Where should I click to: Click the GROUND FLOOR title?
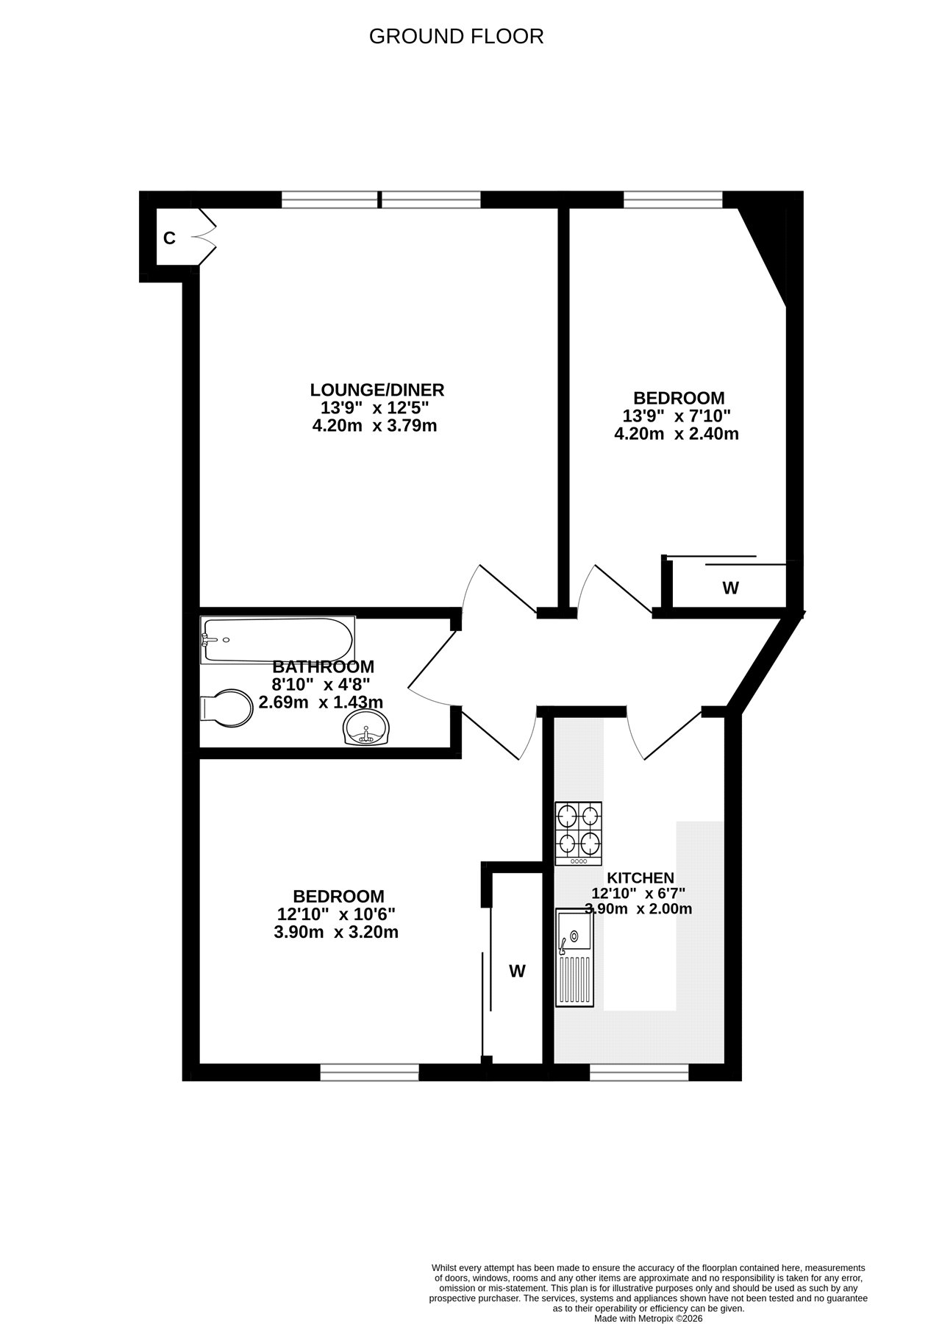pyautogui.click(x=456, y=36)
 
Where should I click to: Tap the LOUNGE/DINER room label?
pyautogui.click(x=377, y=390)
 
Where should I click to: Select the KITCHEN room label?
pyautogui.click(x=641, y=878)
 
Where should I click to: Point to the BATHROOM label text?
pyautogui.click(x=323, y=667)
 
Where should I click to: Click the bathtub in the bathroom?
pyautogui.click(x=277, y=640)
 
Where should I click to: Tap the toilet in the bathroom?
pyautogui.click(x=225, y=708)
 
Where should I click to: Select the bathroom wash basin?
pyautogui.click(x=365, y=728)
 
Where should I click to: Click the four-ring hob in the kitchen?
pyautogui.click(x=578, y=833)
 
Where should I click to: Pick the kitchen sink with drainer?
pyautogui.click(x=574, y=956)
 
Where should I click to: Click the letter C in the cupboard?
pyautogui.click(x=169, y=238)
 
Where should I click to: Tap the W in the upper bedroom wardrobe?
pyautogui.click(x=730, y=588)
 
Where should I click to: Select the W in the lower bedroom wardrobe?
pyautogui.click(x=518, y=971)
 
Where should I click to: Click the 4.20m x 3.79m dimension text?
pyautogui.click(x=375, y=426)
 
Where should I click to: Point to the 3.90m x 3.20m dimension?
pyautogui.click(x=336, y=933)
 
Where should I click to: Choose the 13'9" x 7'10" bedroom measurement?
pyautogui.click(x=677, y=416)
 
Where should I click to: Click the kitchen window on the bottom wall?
pyautogui.click(x=639, y=1072)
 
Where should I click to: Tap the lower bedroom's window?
pyautogui.click(x=369, y=1072)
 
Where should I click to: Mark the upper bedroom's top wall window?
pyautogui.click(x=674, y=199)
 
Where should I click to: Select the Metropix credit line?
pyautogui.click(x=642, y=1319)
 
